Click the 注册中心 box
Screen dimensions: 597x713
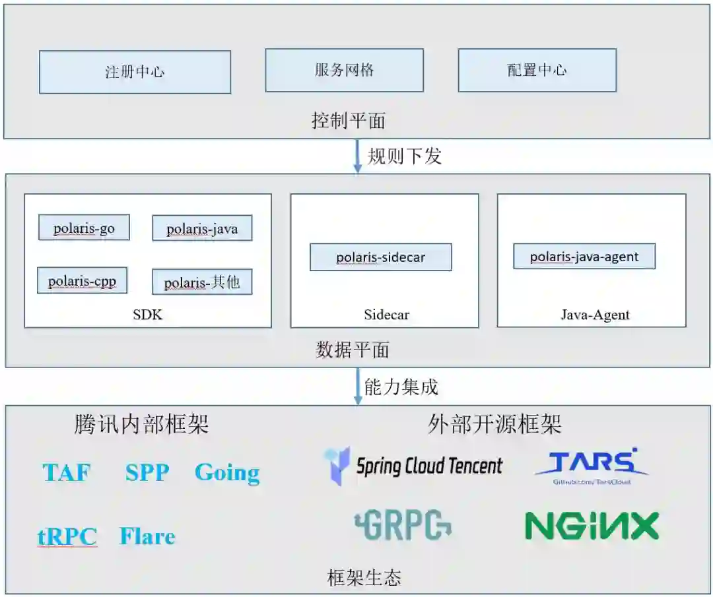(135, 72)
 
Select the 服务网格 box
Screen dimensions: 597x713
(344, 70)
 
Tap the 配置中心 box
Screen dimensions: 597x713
(537, 70)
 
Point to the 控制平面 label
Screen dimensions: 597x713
(348, 121)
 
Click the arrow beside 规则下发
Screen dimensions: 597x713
(357, 156)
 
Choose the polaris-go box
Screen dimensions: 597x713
(84, 228)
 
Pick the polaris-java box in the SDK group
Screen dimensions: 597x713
(202, 229)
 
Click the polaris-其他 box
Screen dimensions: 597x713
(202, 282)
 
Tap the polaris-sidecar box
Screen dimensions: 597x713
(381, 257)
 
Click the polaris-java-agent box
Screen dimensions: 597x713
(584, 257)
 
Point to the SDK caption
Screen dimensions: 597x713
(147, 315)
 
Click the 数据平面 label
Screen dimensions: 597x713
(352, 350)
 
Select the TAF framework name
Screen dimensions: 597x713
(67, 472)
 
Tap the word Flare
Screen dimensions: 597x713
(147, 536)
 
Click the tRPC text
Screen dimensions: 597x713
(67, 537)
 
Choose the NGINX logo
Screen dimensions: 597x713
(592, 526)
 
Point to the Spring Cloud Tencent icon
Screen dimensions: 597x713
(337, 466)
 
